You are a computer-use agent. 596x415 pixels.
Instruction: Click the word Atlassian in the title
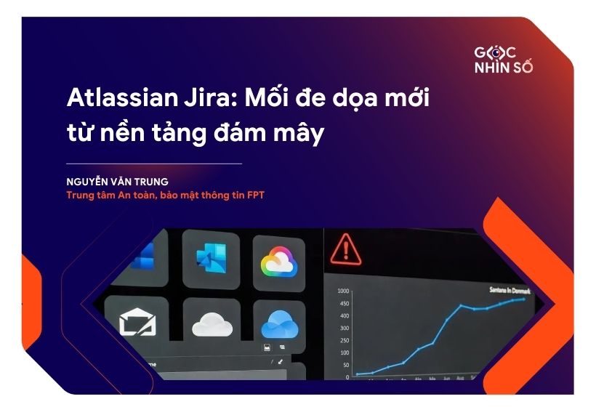click(111, 97)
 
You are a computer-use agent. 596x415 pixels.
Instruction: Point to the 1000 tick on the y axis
click(344, 291)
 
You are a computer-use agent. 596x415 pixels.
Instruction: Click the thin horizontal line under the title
click(153, 164)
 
